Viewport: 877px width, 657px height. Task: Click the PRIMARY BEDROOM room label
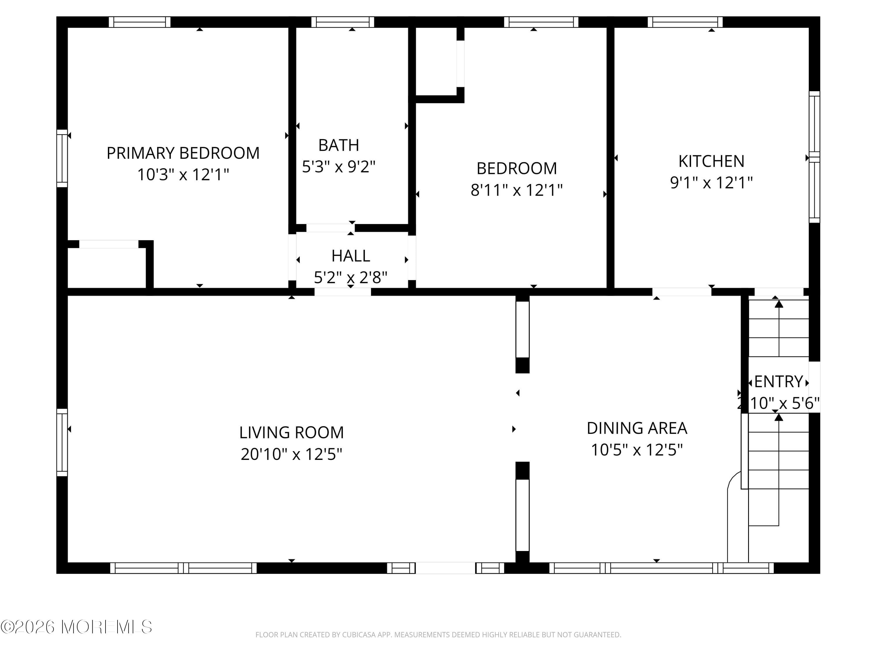[183, 153]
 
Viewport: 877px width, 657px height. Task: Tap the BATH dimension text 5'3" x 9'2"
[339, 167]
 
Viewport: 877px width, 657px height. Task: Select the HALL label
[351, 256]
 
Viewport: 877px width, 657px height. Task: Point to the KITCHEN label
[711, 161]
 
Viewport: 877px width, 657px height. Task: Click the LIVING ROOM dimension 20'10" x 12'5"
[291, 454]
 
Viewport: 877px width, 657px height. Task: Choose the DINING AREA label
[637, 428]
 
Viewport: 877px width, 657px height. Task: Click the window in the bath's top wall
[343, 22]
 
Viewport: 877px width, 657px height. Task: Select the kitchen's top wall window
[685, 22]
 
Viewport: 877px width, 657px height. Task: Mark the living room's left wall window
[62, 442]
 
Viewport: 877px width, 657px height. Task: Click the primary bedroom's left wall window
[62, 158]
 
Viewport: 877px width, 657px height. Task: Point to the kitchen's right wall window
[814, 157]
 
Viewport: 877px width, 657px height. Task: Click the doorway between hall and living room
[343, 292]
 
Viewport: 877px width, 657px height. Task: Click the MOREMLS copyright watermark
[76, 627]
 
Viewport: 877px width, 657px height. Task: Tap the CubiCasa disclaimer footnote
[438, 635]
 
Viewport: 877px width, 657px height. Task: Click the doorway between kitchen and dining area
[682, 292]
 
